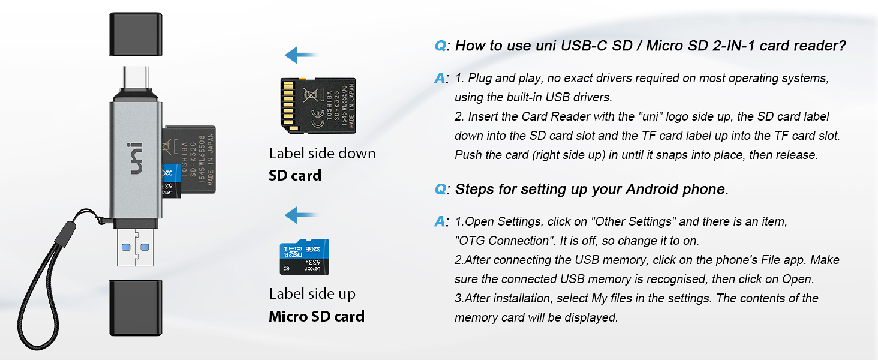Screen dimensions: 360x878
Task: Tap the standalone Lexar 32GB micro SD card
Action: tap(304, 257)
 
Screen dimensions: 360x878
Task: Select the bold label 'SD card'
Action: tap(294, 176)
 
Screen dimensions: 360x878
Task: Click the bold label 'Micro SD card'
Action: tap(316, 316)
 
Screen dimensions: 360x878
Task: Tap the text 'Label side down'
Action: tap(322, 154)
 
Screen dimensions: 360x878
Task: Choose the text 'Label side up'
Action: tap(312, 294)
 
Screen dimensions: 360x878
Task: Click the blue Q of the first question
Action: tap(440, 46)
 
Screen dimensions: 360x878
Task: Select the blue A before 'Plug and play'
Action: tap(440, 79)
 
